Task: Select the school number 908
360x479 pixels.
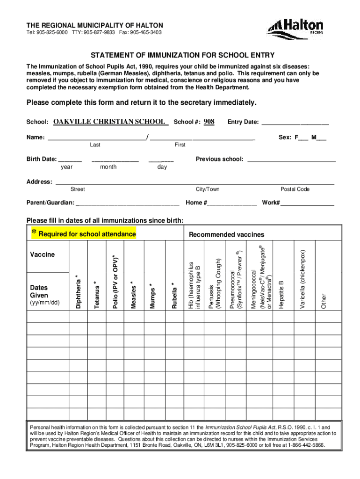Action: [209, 122]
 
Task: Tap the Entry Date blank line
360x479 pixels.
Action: [295, 123]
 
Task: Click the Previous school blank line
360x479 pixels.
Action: [291, 160]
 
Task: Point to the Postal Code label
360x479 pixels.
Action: [295, 189]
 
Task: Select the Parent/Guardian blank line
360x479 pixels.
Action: [127, 204]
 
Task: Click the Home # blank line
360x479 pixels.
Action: [232, 204]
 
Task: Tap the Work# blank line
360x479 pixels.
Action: [307, 204]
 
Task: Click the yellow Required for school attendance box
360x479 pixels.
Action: [83, 233]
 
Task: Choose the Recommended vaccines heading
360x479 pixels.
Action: [226, 234]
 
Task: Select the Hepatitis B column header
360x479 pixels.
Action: [281, 295]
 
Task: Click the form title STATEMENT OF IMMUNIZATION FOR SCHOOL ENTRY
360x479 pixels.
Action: [182, 55]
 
